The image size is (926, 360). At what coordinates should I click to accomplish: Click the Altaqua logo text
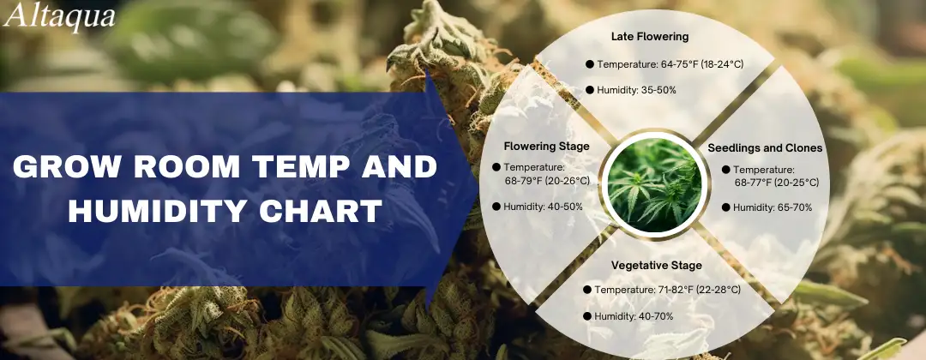click(59, 16)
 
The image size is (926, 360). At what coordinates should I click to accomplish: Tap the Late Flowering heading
click(650, 37)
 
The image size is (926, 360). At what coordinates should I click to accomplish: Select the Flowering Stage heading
click(546, 147)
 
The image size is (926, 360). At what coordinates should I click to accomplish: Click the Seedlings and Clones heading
click(765, 148)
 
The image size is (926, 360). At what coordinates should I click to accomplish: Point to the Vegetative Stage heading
click(656, 266)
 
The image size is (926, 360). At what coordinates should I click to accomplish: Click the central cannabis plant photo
click(655, 185)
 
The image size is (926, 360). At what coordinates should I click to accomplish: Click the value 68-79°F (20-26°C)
click(547, 181)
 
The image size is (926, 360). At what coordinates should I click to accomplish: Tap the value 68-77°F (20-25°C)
click(777, 183)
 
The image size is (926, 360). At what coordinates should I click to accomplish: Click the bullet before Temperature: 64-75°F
click(589, 64)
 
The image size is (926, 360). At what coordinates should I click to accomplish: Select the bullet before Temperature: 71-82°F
click(587, 290)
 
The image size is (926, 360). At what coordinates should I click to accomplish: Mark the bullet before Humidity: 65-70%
click(726, 207)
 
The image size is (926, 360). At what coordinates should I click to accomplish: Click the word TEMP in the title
click(297, 168)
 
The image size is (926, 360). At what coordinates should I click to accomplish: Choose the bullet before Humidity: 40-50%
click(496, 207)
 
